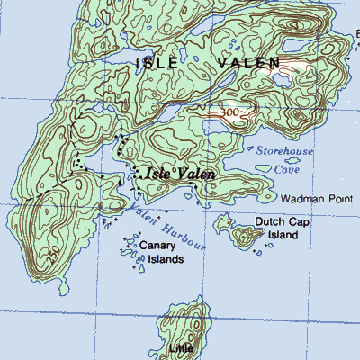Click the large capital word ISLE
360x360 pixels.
(163, 63)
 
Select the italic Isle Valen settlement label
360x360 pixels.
(175, 174)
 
